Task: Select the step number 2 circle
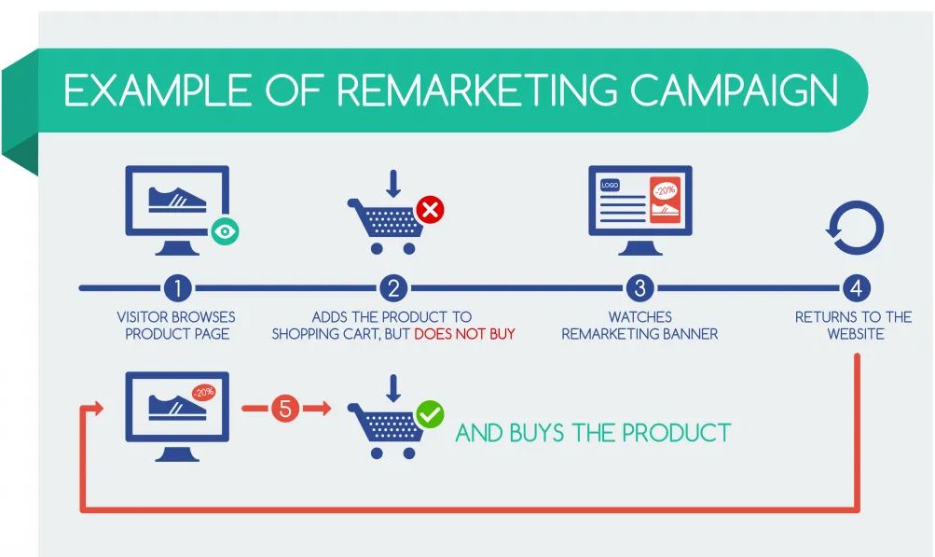coord(392,287)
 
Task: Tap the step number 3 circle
coord(640,287)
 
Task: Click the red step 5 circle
coord(285,409)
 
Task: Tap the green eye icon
coord(225,230)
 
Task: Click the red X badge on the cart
coord(429,210)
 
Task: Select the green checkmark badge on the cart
coord(430,413)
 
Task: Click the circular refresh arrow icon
coord(855,228)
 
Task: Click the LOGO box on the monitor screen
coord(611,186)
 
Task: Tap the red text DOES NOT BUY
coord(464,334)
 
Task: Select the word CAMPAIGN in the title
coord(734,91)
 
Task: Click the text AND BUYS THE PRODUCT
coord(593,433)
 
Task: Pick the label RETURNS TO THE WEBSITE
coord(854,326)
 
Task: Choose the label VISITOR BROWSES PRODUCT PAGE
coord(176,326)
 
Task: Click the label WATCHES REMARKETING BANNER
coord(640,326)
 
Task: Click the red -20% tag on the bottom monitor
coord(203,393)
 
